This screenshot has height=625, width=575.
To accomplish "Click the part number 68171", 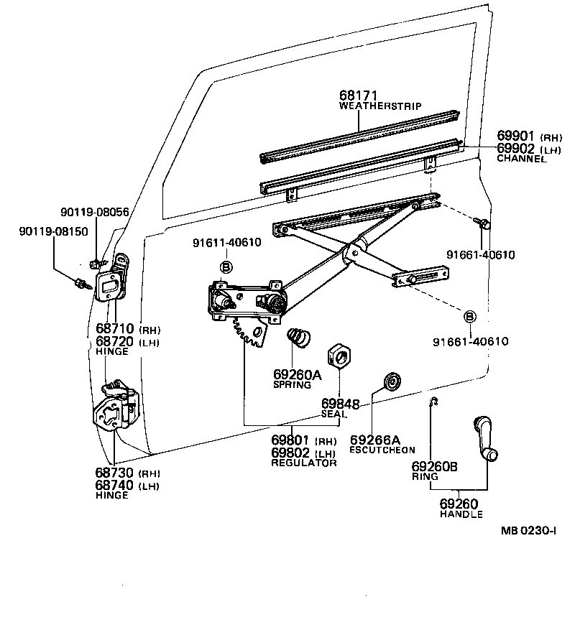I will [359, 96].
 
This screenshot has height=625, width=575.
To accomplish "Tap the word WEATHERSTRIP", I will [379, 106].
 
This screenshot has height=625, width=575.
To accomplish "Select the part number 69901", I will [517, 136].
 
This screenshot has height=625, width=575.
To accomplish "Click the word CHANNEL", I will [521, 159].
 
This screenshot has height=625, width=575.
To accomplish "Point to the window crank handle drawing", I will [485, 438].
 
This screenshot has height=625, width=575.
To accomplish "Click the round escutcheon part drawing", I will [392, 381].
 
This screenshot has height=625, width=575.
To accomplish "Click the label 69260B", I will [434, 466].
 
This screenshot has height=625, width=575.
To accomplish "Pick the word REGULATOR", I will [303, 463].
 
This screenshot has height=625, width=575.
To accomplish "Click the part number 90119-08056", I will [94, 212].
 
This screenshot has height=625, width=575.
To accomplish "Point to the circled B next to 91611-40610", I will [226, 267].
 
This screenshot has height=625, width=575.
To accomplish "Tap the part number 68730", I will [115, 473].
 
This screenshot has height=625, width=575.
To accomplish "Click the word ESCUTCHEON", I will [382, 450].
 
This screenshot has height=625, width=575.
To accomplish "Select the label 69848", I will [338, 404].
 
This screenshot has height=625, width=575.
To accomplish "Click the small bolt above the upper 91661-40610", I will [484, 226].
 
